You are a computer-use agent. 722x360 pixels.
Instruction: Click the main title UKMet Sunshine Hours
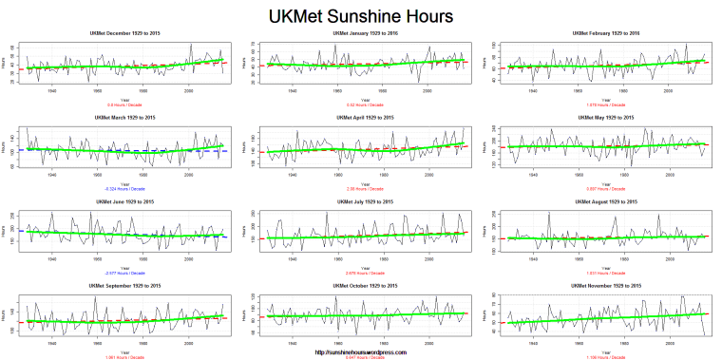click(361, 16)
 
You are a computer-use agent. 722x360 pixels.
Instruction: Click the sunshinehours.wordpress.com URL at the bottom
click(361, 351)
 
